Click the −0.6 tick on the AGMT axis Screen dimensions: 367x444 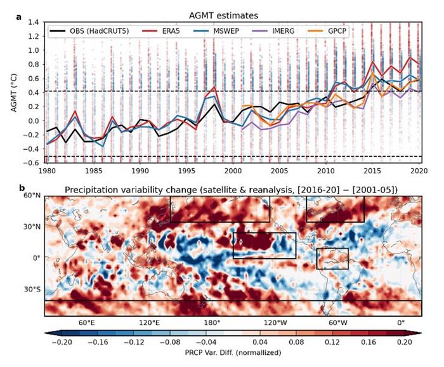(32, 163)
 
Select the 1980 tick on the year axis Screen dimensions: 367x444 (46, 171)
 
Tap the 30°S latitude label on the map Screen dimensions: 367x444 (32, 290)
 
